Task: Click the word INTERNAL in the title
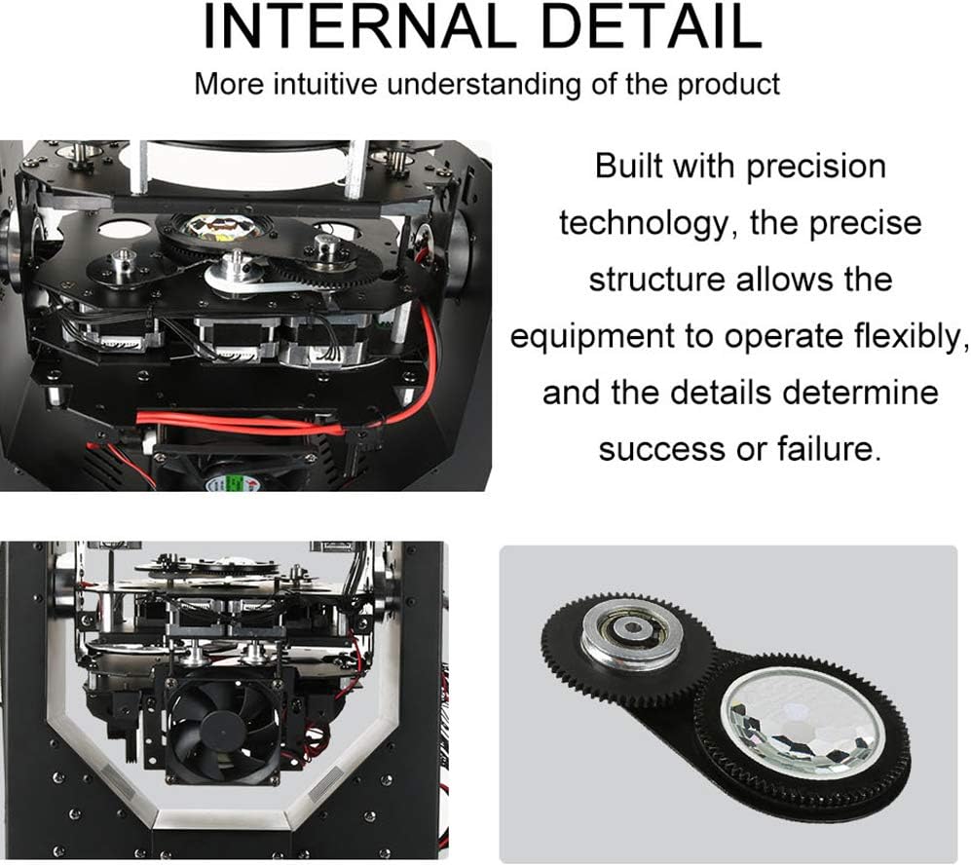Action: pos(359,25)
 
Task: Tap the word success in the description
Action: pos(661,450)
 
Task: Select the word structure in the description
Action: pos(657,280)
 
